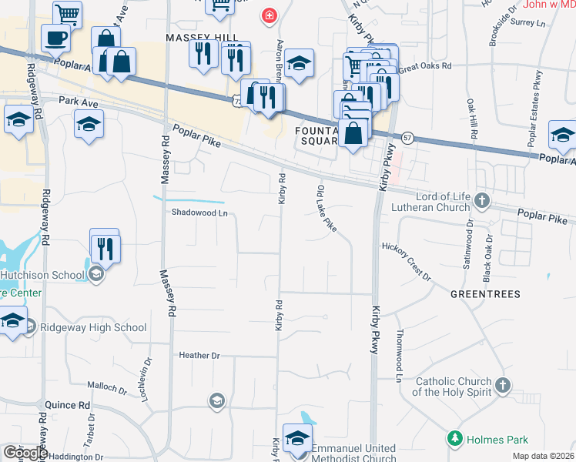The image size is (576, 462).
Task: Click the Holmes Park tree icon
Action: pos(455,440)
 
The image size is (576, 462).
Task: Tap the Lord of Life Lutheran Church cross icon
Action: pos(482,201)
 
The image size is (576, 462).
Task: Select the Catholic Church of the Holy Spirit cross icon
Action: pos(502,384)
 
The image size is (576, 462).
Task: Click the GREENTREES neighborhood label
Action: pos(485,294)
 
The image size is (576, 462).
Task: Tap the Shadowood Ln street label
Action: pos(199,213)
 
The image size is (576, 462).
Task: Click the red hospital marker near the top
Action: pos(269,15)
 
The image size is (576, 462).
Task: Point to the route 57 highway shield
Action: pos(407,136)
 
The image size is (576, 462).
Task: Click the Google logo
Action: pos(25,453)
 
